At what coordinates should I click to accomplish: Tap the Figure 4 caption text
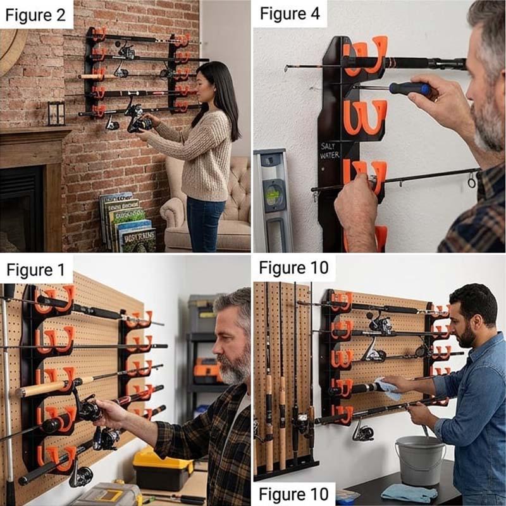coord(290,13)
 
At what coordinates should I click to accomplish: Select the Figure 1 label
coord(36,270)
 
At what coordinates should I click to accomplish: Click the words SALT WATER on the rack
coord(330,151)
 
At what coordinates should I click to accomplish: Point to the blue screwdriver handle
coord(410,89)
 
